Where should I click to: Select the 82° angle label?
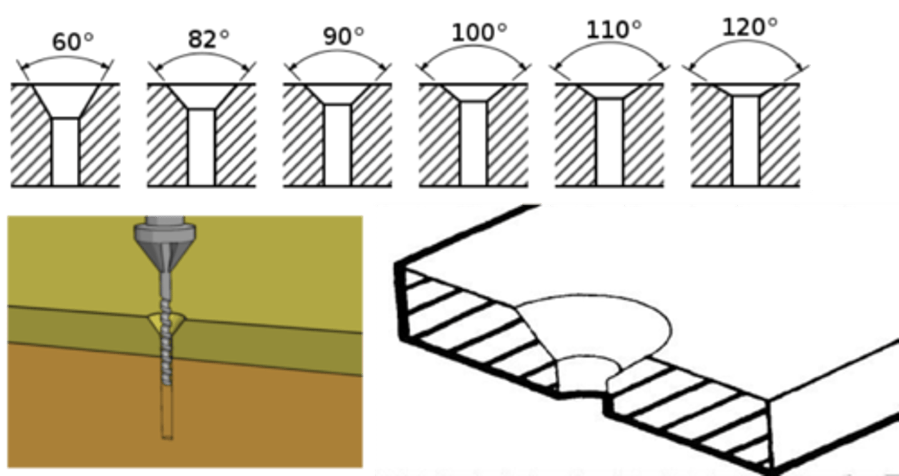[x=208, y=39]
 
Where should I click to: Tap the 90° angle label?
[x=343, y=37]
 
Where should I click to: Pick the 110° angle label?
[x=613, y=30]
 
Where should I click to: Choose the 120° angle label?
[x=749, y=27]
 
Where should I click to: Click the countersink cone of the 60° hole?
[x=66, y=100]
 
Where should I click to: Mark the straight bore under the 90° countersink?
[x=338, y=145]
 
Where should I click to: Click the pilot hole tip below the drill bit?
[x=166, y=418]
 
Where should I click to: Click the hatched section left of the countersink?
[x=474, y=331]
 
